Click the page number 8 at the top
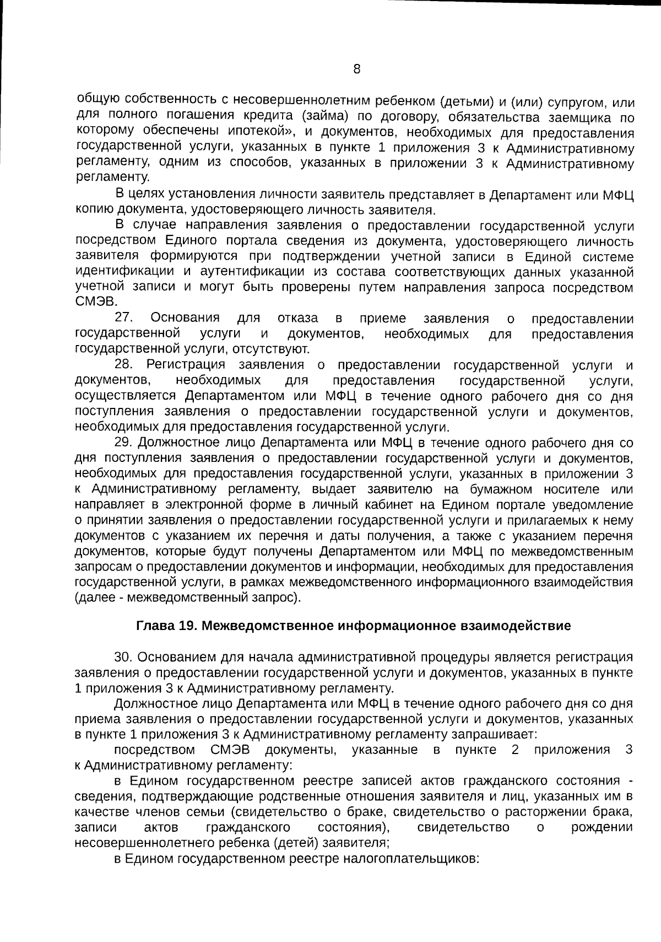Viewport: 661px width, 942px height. [356, 69]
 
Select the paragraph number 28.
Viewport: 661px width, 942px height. [126, 365]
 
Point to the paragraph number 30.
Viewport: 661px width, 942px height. [124, 657]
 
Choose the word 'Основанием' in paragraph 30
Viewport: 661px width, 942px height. [175, 657]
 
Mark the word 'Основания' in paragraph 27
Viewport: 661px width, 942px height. [185, 318]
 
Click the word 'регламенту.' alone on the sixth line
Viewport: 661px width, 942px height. [112, 177]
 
